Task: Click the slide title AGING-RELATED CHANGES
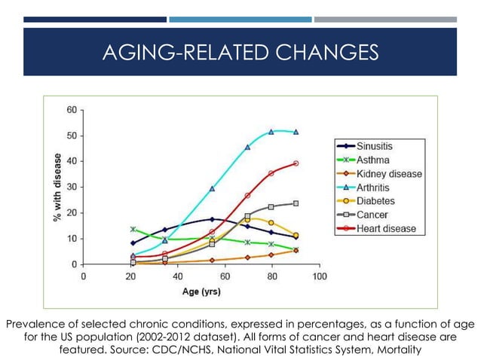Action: [x=240, y=52]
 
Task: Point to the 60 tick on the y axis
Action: [x=72, y=110]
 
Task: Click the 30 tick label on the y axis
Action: [x=72, y=187]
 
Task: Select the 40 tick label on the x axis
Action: [x=177, y=276]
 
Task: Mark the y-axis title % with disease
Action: [x=57, y=188]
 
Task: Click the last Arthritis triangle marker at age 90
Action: [x=296, y=132]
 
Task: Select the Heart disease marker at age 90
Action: [x=296, y=163]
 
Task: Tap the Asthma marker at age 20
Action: [x=133, y=229]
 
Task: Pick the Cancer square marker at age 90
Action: [x=296, y=203]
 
